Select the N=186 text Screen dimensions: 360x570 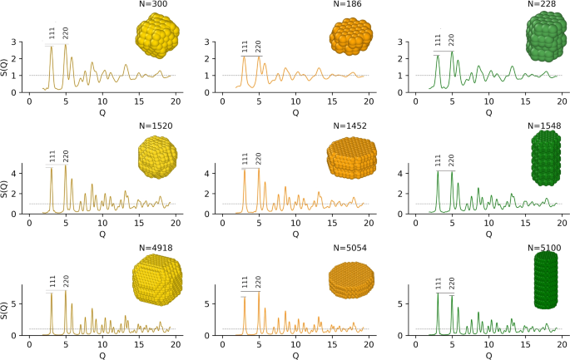point(344,5)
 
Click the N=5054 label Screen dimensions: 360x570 point(344,248)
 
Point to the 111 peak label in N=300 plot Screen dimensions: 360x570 point(52,34)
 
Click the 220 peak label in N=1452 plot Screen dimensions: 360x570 point(259,158)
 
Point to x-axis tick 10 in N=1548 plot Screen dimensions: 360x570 point(488,222)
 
